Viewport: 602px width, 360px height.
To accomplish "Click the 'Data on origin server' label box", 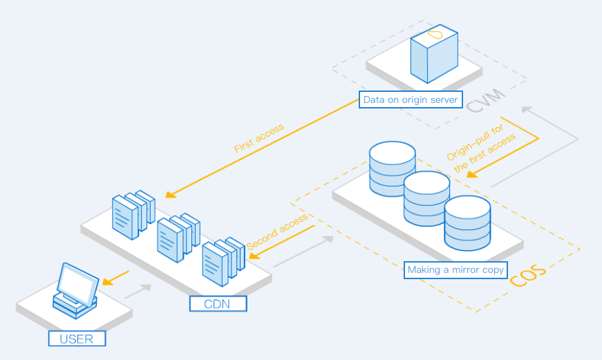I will (x=411, y=100).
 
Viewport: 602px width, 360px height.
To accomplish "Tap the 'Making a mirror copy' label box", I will (x=455, y=269).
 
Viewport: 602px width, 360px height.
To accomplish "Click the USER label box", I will (x=77, y=339).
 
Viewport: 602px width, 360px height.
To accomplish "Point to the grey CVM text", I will (x=486, y=102).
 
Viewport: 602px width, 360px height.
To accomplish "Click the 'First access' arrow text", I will (x=258, y=138).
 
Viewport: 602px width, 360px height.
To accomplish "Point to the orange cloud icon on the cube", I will (x=435, y=34).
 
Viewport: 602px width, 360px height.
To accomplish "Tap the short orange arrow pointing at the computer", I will (x=116, y=278).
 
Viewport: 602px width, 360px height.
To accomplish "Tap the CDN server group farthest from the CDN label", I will (x=133, y=213).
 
